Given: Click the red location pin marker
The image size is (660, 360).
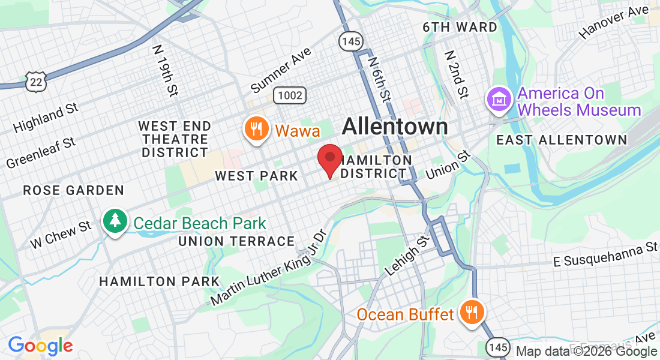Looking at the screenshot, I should [329, 158].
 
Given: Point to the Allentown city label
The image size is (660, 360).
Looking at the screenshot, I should [395, 127].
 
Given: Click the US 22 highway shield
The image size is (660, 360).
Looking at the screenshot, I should [36, 81].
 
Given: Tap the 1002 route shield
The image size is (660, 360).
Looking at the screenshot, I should [290, 95].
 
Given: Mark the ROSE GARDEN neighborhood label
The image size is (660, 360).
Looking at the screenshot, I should [74, 191].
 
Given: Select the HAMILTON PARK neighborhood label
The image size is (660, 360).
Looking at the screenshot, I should [151, 281].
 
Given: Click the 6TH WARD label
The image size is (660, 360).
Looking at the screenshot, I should [460, 28].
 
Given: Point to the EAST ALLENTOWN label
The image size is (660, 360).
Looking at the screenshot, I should [562, 140].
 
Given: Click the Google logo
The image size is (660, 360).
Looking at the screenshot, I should [40, 346].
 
